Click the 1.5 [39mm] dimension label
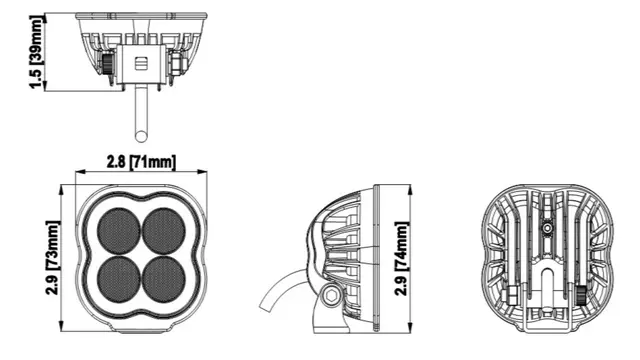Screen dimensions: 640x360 36,51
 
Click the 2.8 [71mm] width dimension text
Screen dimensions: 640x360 141,162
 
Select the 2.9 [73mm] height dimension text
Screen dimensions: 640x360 53,258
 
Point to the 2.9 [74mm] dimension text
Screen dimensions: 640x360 402,258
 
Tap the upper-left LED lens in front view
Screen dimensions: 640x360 118,231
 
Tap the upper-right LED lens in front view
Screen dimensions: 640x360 164,231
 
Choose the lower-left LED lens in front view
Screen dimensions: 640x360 118,280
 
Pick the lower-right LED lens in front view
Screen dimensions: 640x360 164,280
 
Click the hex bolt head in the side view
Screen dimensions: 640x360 330,295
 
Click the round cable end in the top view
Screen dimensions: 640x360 141,136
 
